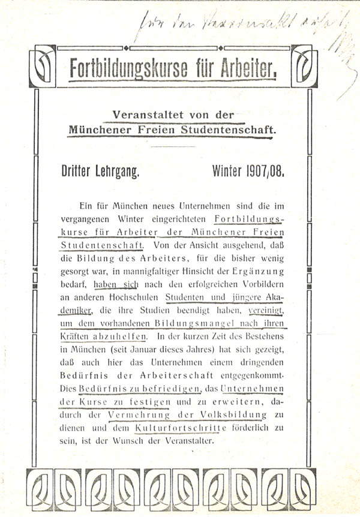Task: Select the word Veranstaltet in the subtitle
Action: click(x=139, y=115)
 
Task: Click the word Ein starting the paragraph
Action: click(x=86, y=205)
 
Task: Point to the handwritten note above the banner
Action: click(x=240, y=27)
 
